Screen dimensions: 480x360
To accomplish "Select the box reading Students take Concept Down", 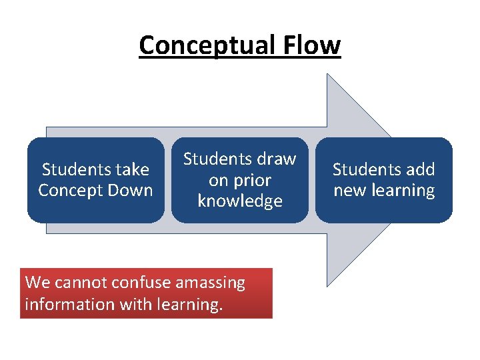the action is [95, 180].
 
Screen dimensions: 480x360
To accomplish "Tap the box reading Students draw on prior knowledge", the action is [239, 180].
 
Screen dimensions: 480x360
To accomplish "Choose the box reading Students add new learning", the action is [384, 180].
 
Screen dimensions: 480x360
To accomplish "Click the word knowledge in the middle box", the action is [240, 201].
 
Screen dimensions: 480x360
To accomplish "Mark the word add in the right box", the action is [420, 170].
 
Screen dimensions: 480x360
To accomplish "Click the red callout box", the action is [146, 293].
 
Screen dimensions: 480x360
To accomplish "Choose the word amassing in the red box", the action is [210, 283].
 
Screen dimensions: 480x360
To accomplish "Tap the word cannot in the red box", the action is [79, 283].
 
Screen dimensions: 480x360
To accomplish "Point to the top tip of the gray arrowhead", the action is [327, 75].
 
